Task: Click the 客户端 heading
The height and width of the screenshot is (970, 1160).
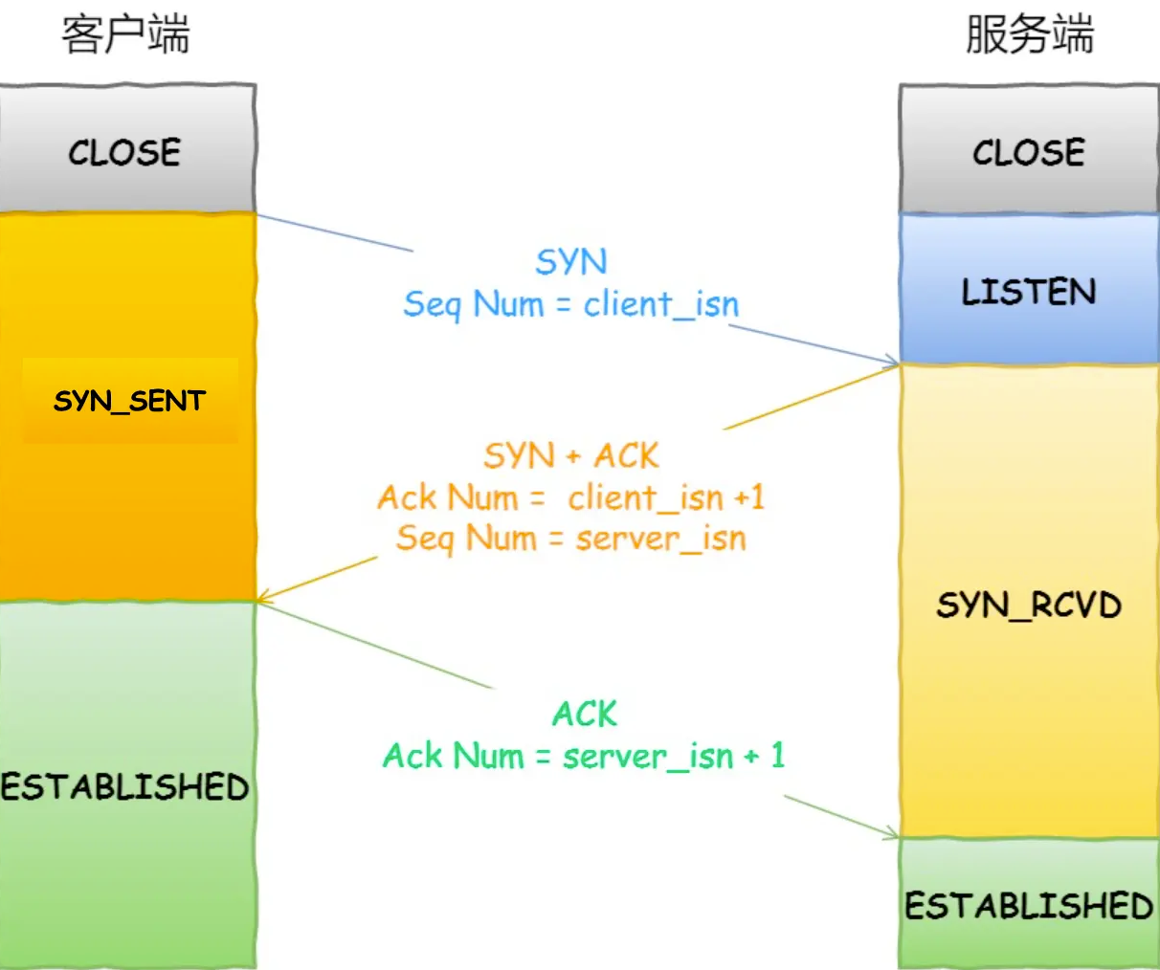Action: tap(125, 35)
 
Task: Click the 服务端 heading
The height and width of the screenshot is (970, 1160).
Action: tap(1029, 35)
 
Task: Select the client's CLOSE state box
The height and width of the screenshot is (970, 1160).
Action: tap(125, 151)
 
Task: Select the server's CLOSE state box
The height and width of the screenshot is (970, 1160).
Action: tap(1029, 151)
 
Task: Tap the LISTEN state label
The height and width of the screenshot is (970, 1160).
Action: tap(1029, 291)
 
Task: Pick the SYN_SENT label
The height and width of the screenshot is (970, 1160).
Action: tap(129, 400)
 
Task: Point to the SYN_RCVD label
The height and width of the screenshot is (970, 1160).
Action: tap(1029, 605)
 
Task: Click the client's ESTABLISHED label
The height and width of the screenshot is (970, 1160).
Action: tap(125, 786)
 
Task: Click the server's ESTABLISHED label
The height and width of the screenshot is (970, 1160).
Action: tap(1029, 905)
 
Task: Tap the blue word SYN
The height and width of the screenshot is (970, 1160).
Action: tap(571, 261)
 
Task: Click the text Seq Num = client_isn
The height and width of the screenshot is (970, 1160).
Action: tap(571, 304)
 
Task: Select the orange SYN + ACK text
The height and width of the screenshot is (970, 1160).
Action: tap(571, 455)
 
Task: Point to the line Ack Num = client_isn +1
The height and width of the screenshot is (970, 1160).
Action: tap(571, 497)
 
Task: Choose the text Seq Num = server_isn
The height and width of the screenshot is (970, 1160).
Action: tap(571, 539)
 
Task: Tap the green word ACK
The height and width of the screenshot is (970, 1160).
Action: tap(585, 714)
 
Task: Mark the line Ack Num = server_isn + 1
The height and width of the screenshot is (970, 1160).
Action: tap(584, 756)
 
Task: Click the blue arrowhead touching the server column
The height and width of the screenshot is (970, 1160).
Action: tap(892, 362)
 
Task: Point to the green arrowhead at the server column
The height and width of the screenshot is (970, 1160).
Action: tap(892, 834)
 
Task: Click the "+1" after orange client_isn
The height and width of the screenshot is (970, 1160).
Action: tap(748, 497)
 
